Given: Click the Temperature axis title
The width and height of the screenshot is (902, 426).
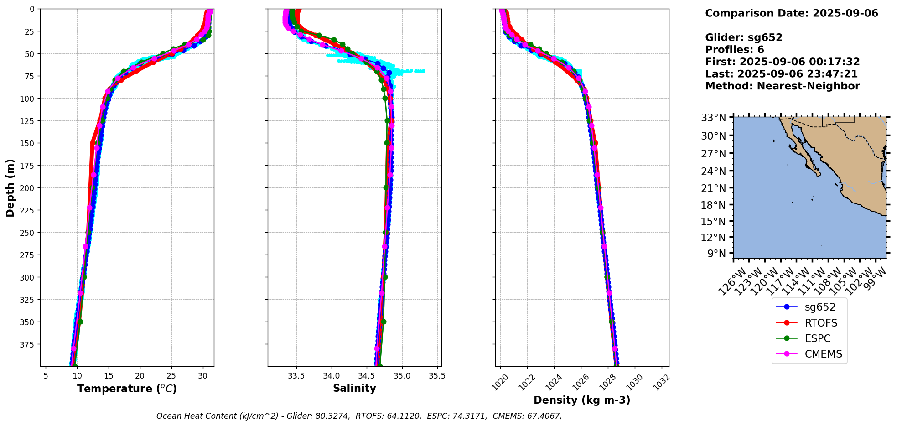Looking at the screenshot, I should click(x=127, y=389).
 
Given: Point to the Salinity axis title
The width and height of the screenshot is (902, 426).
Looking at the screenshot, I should click(x=354, y=388).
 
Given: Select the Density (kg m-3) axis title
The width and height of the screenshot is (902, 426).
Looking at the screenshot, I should click(x=582, y=400).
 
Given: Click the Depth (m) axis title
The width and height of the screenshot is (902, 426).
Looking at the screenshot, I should click(x=10, y=188).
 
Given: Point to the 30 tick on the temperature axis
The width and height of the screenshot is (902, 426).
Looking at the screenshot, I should click(x=202, y=376).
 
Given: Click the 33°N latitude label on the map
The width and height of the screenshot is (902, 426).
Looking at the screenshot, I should click(x=713, y=118).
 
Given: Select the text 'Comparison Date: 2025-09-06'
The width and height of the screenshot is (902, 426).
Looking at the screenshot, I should click(x=791, y=13).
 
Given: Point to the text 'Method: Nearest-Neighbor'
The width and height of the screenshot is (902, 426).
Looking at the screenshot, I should click(x=782, y=86).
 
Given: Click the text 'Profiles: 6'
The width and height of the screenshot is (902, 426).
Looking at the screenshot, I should click(x=734, y=50).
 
